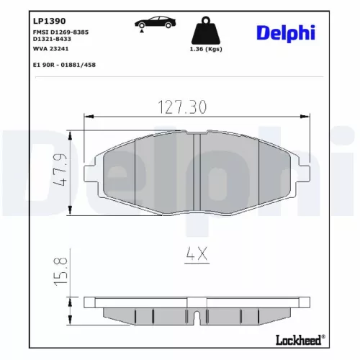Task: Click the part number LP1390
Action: click(x=45, y=12)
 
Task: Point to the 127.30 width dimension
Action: click(x=181, y=107)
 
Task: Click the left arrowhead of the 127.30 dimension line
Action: click(x=88, y=115)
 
